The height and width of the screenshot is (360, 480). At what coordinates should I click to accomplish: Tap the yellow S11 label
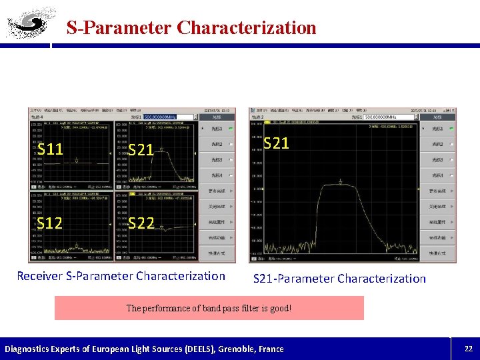[x=51, y=149]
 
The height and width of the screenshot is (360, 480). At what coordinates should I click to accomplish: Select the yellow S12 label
[x=51, y=223]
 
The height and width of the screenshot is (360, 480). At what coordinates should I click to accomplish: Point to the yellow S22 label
[x=141, y=223]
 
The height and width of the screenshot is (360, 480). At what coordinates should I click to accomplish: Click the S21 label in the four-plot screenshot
[x=141, y=150]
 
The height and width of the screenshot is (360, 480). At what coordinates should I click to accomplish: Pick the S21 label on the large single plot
[x=276, y=143]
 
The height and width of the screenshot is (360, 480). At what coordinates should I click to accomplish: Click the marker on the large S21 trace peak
[x=341, y=181]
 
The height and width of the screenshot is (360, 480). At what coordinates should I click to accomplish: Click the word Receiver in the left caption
[x=39, y=276]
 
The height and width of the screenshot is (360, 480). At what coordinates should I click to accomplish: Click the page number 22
[x=468, y=349]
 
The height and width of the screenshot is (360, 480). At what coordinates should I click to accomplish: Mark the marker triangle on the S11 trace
[x=77, y=159]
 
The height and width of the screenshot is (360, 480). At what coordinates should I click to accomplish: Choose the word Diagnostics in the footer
[x=29, y=349]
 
